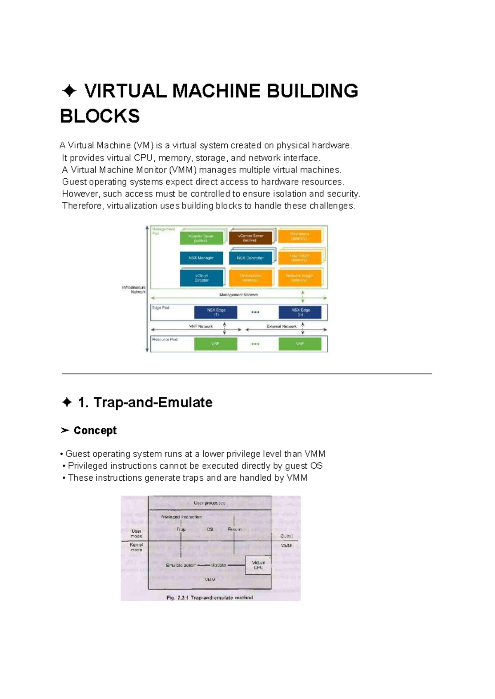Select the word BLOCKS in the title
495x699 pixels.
pos(100,116)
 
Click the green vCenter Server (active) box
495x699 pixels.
pos(201,238)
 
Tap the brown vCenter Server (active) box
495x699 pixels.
pos(250,238)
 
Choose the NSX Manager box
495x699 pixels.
pos(201,258)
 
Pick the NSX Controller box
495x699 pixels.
pos(250,258)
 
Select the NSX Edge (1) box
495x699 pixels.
pos(216,312)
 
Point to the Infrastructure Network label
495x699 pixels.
pos(134,289)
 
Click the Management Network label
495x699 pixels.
pos(239,295)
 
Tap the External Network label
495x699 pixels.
pos(281,326)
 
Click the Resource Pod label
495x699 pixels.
pos(165,340)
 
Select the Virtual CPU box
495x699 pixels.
pos(258,565)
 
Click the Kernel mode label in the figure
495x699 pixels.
pos(136,547)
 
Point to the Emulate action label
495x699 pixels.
pos(180,565)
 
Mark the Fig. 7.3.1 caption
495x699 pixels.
pos(210,597)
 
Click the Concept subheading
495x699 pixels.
pos(95,430)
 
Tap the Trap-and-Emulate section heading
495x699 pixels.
pos(153,402)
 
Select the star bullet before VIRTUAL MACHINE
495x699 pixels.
pos(69,91)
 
